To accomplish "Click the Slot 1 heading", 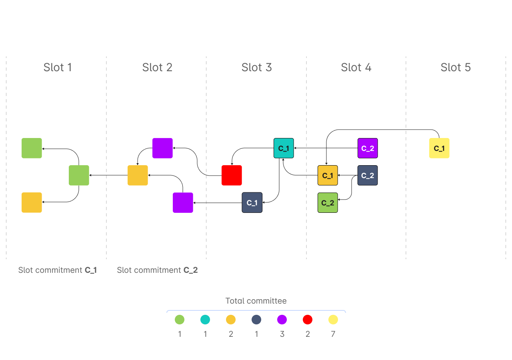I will (x=58, y=68).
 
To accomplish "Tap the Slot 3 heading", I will (x=256, y=68).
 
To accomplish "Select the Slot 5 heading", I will (x=456, y=68).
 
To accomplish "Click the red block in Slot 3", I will (x=232, y=175).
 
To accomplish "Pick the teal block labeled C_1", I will (x=284, y=148).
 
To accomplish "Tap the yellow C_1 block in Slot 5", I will (x=439, y=148).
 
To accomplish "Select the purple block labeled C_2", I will (x=367, y=148).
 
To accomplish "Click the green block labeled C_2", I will (x=327, y=202).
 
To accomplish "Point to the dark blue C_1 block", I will (x=252, y=202).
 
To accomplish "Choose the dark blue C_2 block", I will (x=367, y=175).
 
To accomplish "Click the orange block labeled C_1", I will (x=327, y=175).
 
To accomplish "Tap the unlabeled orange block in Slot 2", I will (x=138, y=175).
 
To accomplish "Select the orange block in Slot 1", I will (x=32, y=202).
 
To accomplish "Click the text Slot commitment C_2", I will (x=157, y=270).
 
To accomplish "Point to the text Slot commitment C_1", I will (x=58, y=270).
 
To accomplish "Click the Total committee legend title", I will (x=256, y=301).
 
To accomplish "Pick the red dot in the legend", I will (x=308, y=320).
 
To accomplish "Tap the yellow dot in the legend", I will (x=333, y=320).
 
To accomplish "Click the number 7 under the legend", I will (x=333, y=334).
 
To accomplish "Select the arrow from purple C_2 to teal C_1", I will (x=326, y=148).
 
